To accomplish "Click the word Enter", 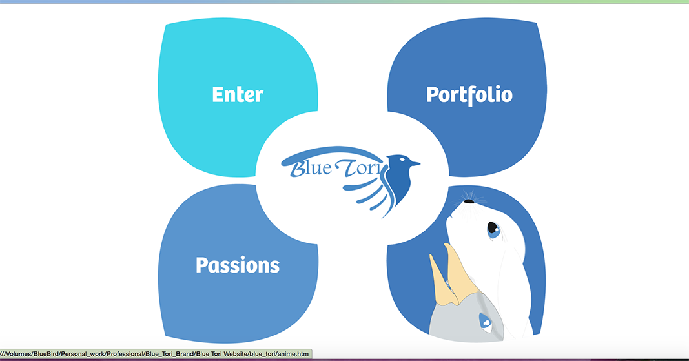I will pos(238,95).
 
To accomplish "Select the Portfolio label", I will pos(469,95).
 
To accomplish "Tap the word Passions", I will pos(238,265).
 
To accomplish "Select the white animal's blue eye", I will pos(493,228).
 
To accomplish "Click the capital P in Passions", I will pos(202,265).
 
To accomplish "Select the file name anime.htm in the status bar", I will pos(295,354).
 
